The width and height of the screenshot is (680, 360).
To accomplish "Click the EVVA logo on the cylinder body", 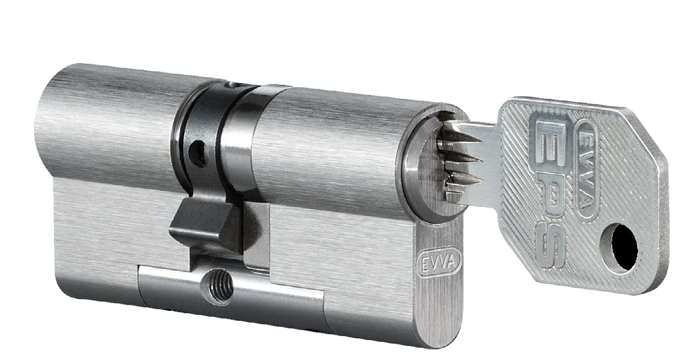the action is point(439,262).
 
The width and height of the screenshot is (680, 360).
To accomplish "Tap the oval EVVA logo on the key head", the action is point(588,170).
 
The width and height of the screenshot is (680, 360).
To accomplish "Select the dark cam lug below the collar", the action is point(204,223).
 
